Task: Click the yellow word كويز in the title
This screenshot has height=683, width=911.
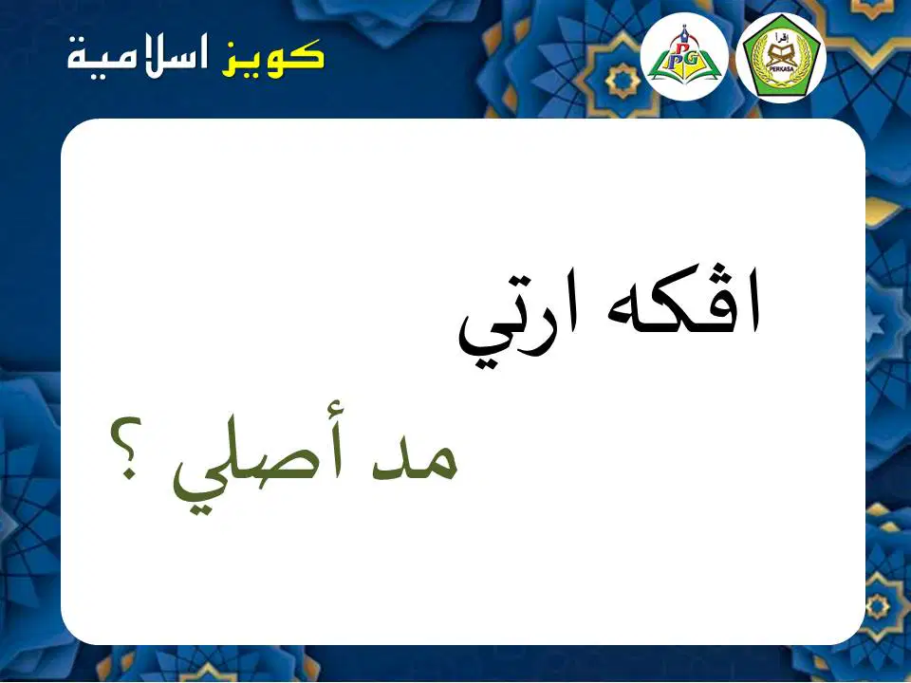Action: [272, 58]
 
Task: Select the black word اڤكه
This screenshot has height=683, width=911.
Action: [683, 301]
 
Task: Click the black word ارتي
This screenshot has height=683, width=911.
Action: [519, 326]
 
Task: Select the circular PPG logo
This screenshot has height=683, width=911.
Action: [684, 56]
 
